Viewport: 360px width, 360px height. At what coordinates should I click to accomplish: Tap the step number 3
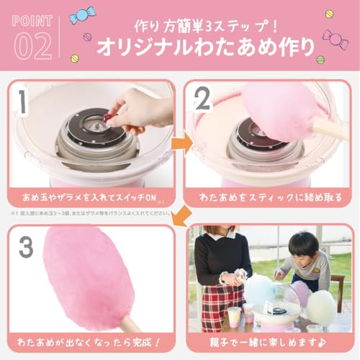(27, 247)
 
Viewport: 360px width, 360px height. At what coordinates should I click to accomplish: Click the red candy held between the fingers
(108, 117)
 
